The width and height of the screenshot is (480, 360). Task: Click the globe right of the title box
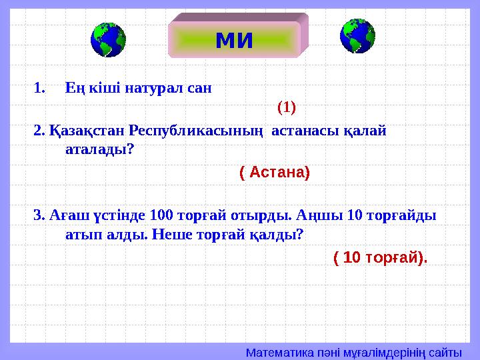pyautogui.click(x=357, y=36)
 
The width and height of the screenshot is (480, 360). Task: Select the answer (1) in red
pyautogui.click(x=287, y=107)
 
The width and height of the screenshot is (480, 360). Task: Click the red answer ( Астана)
pyautogui.click(x=274, y=173)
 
